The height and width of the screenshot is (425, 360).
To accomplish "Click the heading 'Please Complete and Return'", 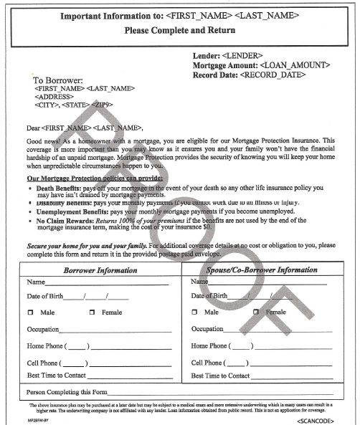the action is [x=179, y=31].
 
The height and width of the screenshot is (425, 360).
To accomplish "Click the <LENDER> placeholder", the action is [x=243, y=55].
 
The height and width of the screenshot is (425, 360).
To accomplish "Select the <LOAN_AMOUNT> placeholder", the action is [x=295, y=65].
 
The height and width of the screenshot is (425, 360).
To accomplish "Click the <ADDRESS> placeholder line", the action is [x=53, y=96].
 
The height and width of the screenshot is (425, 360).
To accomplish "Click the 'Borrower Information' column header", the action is [x=100, y=270].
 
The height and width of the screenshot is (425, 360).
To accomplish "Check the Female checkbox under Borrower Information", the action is [x=92, y=312].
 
